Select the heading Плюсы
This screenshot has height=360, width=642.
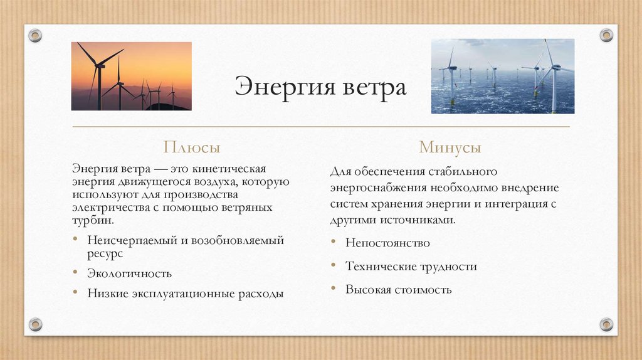pos(192,148)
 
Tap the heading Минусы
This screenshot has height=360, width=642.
pos(450,148)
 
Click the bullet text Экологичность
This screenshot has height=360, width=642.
pos(129,273)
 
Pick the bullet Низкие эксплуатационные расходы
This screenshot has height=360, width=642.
pos(185,293)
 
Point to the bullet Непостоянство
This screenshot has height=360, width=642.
pos(387,243)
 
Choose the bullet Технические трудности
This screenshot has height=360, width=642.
pos(411,267)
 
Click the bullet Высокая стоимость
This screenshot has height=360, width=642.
pos(398,290)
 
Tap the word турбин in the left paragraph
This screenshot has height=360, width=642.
pos(93,220)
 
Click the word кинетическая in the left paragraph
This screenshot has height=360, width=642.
pos(238,169)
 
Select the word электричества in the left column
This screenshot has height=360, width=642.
pos(103,208)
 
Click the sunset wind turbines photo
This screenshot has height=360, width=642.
pos(131,76)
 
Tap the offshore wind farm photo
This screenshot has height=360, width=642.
pos(502,76)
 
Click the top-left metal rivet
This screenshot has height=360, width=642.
pos(35,35)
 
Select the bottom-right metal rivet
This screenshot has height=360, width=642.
pos(606,324)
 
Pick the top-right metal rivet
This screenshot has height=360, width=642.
pos(606,35)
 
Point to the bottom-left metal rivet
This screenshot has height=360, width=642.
pos(35,324)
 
